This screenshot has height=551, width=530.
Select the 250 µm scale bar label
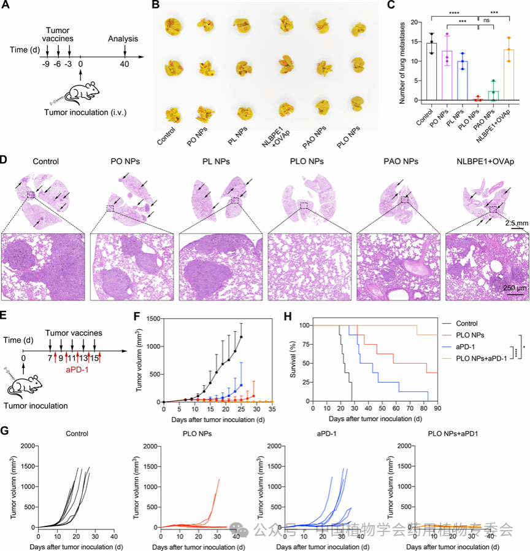(515, 289)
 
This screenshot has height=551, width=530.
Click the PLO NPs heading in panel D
(302, 162)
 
